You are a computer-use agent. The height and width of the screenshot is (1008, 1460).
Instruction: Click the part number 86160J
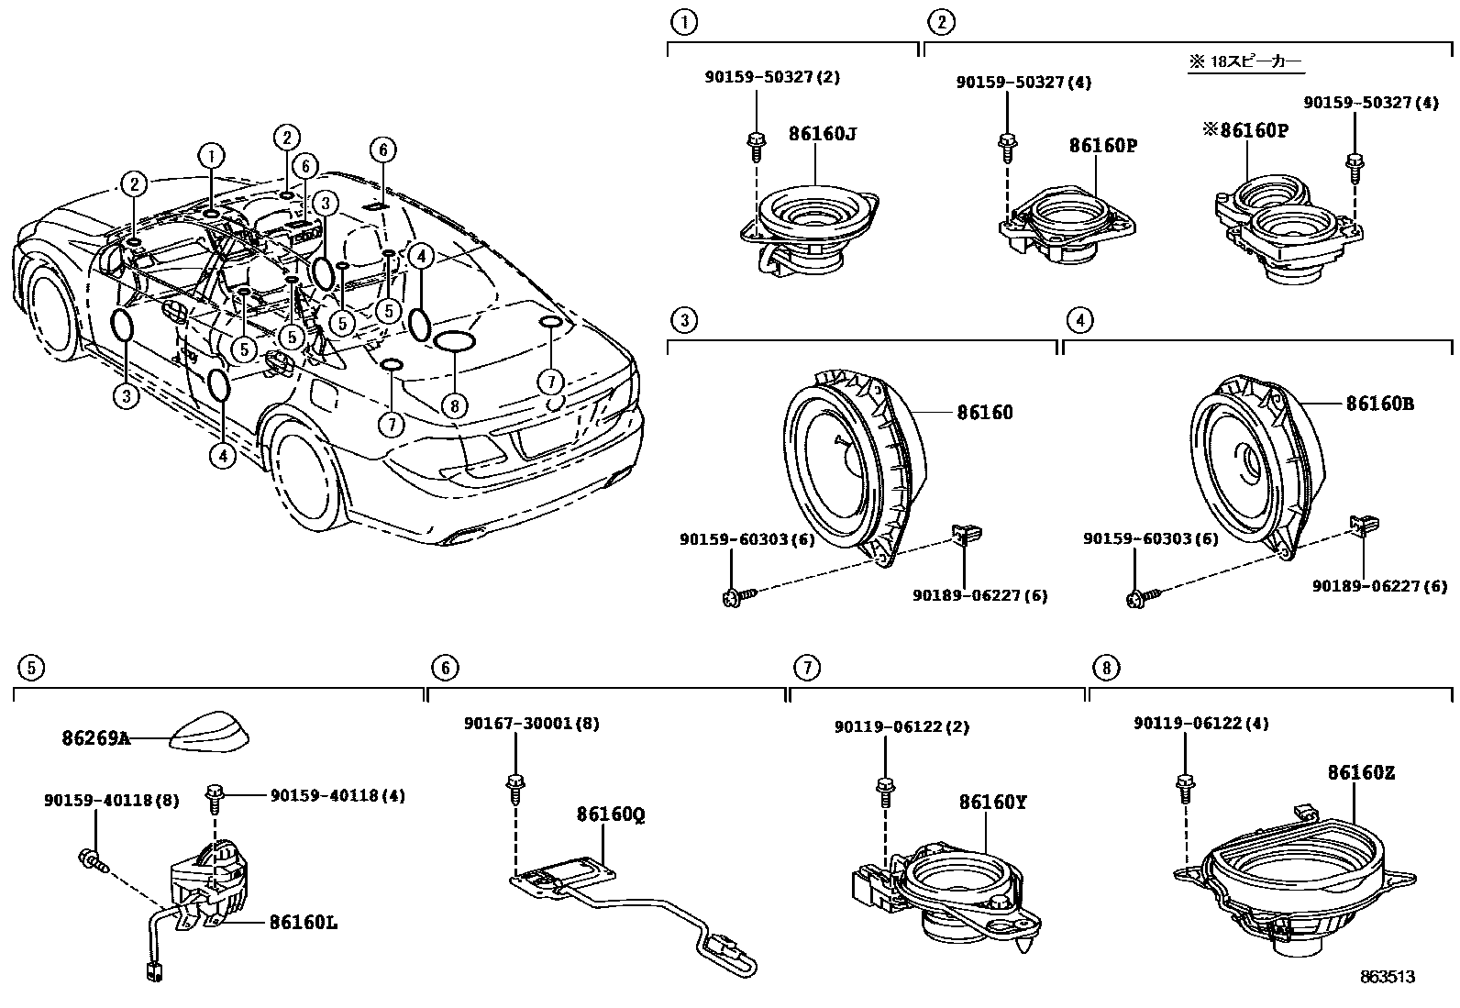pos(823,134)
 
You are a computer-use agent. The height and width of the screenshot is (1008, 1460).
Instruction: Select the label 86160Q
pos(610,814)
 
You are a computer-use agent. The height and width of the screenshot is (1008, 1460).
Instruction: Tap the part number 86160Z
pos(1360,773)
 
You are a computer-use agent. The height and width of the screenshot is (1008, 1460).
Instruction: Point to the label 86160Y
pos(992,803)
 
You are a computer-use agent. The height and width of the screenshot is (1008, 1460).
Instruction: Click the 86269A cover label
pos(95,737)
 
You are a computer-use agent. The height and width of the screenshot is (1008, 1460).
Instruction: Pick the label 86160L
pos(303,923)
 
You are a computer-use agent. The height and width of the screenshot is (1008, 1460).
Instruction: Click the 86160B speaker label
pos(1379,404)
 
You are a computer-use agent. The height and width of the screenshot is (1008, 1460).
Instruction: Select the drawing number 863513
pos(1388,977)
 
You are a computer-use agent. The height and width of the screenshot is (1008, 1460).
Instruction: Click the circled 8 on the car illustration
pos(452,404)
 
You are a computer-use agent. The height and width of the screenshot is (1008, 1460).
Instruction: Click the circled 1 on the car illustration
pos(211,155)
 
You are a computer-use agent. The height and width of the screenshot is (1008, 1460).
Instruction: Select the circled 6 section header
pos(444,668)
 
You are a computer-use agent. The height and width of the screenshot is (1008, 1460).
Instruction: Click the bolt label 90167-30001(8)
pos(531,723)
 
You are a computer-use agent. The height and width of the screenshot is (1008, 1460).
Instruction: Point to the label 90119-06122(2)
pos(901,726)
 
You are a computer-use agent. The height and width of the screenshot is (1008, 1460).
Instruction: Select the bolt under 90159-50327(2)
pos(755,141)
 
